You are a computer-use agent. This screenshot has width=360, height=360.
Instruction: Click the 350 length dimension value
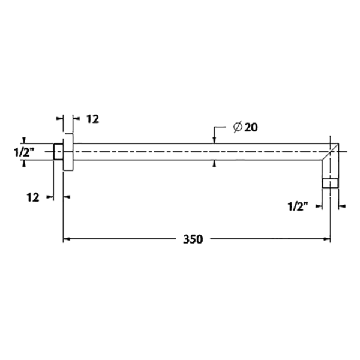coord(193,239)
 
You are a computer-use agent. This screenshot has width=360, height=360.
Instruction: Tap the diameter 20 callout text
coord(245,127)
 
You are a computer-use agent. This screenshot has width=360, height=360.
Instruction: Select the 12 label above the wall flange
coord(93,119)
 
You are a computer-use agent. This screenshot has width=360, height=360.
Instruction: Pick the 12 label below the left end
coord(33,197)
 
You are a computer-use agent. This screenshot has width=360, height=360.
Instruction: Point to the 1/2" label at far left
coord(24,152)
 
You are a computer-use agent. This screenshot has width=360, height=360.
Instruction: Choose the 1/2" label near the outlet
coord(298,206)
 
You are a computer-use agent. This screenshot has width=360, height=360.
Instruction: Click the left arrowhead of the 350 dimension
coord(67,239)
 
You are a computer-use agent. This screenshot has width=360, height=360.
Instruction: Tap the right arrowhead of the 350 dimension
coord(327,239)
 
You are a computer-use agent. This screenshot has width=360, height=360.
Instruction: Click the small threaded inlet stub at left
coord(59,152)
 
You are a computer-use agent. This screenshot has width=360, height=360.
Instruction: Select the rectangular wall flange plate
coord(68,152)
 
